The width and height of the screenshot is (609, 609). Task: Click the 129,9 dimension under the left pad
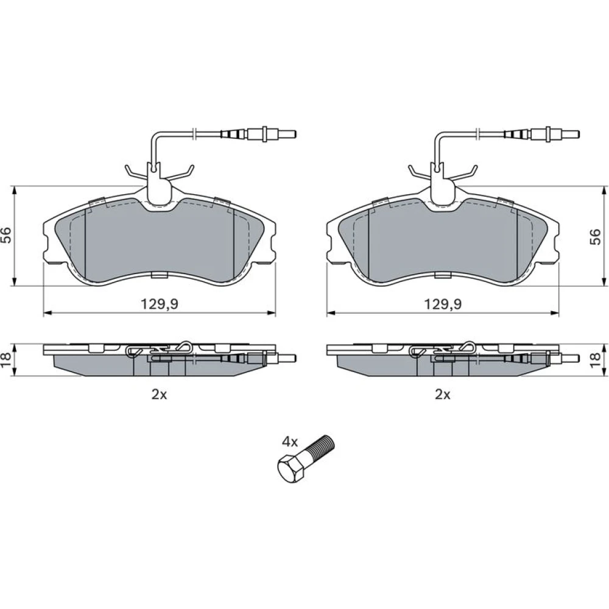[159, 304]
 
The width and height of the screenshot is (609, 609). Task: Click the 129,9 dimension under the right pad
[443, 304]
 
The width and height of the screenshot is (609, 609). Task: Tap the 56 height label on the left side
[7, 235]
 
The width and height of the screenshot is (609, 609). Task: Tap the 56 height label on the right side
[595, 237]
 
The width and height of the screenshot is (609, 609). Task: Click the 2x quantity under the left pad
[159, 395]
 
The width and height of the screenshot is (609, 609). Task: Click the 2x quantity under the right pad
[442, 395]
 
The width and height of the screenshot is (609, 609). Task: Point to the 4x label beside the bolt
[290, 442]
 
